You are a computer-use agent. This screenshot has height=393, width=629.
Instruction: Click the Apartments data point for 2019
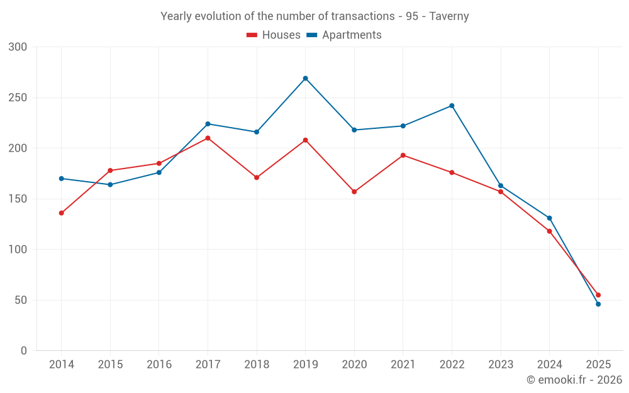coord(305,79)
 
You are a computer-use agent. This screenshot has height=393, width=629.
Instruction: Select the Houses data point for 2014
coord(61,213)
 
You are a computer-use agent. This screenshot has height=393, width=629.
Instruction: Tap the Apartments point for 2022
coord(452,106)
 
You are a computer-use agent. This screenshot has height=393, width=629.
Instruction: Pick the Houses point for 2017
coord(208,138)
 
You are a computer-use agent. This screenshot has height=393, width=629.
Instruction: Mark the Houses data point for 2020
coord(354,192)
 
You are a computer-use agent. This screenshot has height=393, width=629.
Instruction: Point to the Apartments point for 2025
coord(598,304)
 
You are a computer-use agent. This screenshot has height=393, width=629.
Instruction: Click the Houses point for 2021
coord(403,155)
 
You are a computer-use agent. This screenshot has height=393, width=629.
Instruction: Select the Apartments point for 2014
coord(61,179)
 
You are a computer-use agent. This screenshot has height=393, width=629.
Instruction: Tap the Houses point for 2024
coord(549,231)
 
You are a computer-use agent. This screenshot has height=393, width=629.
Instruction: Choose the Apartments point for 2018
coord(257,132)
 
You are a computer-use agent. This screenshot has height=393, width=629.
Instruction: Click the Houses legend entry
coord(274,35)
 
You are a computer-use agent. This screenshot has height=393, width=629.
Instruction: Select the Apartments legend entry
coord(344,35)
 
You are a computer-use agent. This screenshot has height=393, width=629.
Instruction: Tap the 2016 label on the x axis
coord(159,365)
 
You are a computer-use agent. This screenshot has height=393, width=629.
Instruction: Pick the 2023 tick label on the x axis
coord(501,365)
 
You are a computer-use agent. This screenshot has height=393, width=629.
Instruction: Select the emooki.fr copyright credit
coord(574,380)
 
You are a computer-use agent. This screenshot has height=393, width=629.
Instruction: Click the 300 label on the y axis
coord(18,47)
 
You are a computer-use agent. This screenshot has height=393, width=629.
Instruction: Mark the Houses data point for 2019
coord(305,140)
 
